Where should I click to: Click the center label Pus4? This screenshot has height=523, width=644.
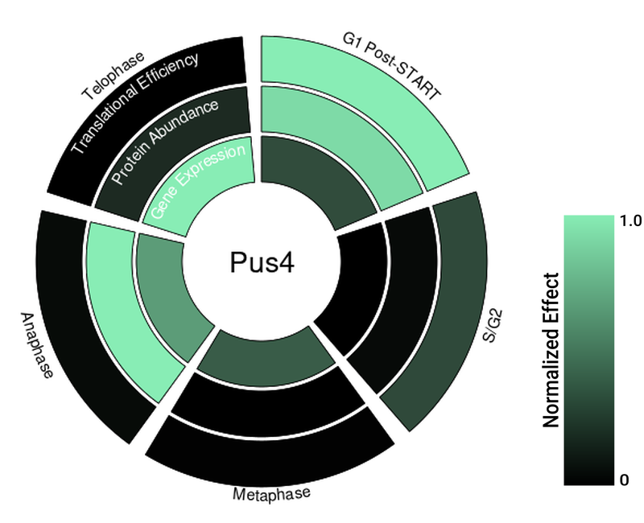coord(261,264)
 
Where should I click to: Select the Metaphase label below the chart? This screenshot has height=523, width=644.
coord(271,493)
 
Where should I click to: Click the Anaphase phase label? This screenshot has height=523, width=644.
coord(34,346)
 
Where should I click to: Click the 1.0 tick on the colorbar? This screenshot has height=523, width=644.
coord(630,220)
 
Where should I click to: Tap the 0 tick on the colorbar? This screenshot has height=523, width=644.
coord(624,480)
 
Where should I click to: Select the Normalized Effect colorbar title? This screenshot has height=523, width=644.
coord(551,350)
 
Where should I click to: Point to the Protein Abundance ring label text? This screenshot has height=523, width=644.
coord(165,142)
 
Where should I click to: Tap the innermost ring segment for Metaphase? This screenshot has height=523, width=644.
coord(266,355)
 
